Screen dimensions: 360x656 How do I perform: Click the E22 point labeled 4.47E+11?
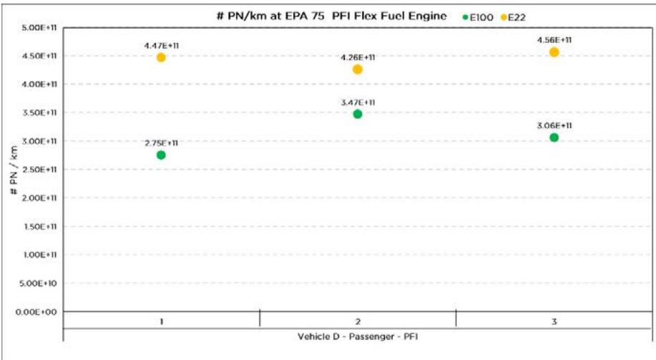click(161, 57)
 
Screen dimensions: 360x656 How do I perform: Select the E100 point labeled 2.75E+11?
click(161, 155)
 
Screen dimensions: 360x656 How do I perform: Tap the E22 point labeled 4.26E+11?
click(358, 69)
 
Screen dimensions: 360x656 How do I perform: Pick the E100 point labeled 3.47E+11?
click(358, 114)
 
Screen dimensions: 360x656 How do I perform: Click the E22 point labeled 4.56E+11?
click(554, 52)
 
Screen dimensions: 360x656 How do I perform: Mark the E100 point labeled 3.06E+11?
click(554, 137)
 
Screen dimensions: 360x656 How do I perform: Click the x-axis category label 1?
click(161, 322)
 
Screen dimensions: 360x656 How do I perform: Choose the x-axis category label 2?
click(358, 322)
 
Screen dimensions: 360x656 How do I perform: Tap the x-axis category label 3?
click(554, 322)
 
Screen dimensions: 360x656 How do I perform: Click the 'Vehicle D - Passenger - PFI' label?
click(358, 336)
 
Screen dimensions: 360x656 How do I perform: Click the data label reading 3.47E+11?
click(358, 102)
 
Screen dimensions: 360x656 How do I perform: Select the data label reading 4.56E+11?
click(554, 40)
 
